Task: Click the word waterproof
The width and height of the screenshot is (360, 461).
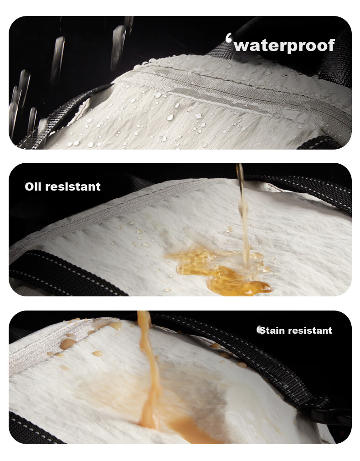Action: (284, 46)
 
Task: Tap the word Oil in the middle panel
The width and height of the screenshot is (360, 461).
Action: (33, 186)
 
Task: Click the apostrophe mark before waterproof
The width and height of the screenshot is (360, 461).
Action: (229, 38)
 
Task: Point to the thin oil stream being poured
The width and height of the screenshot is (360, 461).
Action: (243, 215)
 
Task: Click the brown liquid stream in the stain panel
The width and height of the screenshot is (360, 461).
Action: (149, 368)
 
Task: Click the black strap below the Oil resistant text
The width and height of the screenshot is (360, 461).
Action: (59, 274)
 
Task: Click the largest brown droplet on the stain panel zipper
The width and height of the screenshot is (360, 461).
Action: (68, 343)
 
